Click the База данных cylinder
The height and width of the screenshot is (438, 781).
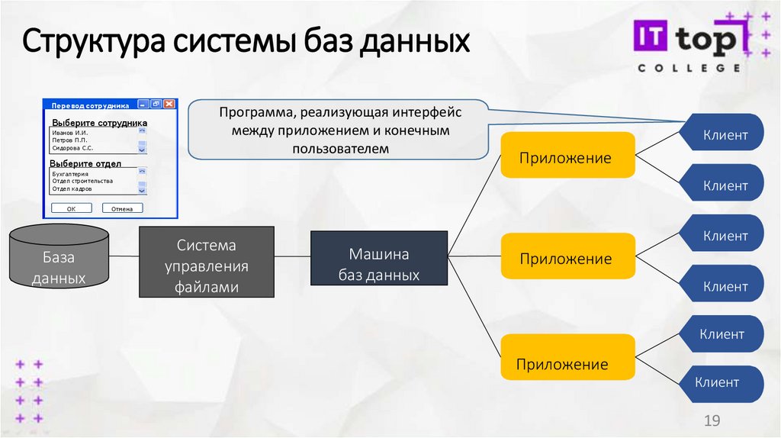tap(58, 259)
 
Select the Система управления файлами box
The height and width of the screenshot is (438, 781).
tap(206, 262)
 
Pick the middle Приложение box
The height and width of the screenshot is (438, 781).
tap(567, 259)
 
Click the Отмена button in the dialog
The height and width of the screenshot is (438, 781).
tap(122, 208)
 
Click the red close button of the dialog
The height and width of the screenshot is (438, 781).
tap(169, 104)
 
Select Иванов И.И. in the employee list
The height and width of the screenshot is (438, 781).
tap(69, 132)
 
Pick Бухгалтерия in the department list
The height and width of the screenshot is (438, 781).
tap(70, 174)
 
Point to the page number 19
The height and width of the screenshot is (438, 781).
tap(712, 421)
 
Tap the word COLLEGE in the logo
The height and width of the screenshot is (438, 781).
tap(689, 68)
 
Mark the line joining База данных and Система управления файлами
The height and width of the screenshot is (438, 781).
tap(124, 256)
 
